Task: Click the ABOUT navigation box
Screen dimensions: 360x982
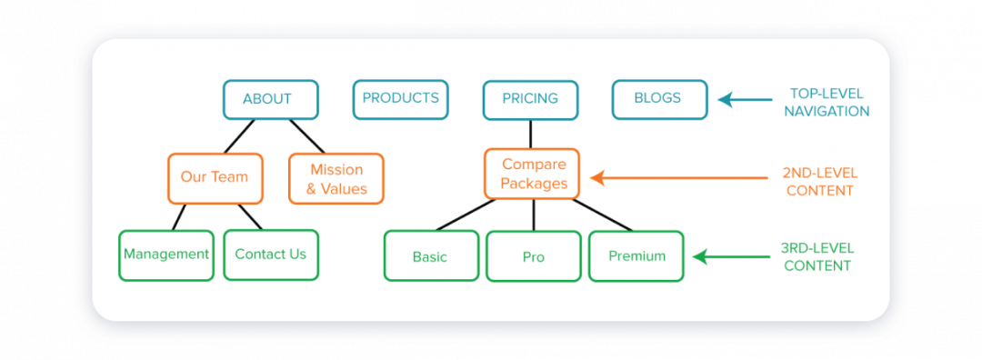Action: [x=270, y=99]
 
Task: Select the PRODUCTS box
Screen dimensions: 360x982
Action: [x=400, y=98]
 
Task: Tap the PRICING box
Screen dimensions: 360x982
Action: [x=530, y=99]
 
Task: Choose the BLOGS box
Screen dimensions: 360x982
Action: [x=658, y=98]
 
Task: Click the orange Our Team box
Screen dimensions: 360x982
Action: [x=215, y=177]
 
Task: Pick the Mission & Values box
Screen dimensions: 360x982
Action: [x=336, y=178]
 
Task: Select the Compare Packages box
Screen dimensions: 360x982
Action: [x=532, y=174]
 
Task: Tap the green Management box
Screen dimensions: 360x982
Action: [x=166, y=255]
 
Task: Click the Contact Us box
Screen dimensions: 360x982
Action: [x=271, y=255]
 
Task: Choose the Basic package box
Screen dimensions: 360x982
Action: [x=430, y=256]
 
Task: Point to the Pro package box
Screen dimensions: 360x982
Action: [x=533, y=256]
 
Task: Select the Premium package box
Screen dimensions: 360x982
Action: [x=636, y=255]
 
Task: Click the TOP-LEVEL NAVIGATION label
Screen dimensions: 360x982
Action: [x=828, y=102]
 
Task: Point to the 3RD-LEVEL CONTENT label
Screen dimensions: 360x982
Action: [x=817, y=256]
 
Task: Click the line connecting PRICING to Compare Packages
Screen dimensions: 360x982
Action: [x=531, y=134]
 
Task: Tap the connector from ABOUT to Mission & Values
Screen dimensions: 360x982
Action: [x=306, y=135]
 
